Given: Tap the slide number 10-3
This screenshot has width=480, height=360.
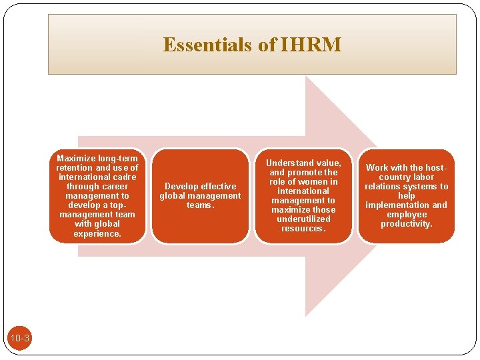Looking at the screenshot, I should [19, 339].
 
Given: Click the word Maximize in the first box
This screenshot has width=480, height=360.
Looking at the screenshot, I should [77, 159].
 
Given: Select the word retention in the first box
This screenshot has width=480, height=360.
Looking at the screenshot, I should [76, 168].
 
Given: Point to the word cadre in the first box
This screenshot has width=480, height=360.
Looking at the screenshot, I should [124, 177].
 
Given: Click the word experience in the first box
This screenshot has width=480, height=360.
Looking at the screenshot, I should [97, 233].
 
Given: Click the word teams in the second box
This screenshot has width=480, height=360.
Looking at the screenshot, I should [199, 205].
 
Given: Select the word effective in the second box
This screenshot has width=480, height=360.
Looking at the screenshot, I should [218, 187].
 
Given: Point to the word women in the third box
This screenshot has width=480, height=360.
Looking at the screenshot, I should [308, 182].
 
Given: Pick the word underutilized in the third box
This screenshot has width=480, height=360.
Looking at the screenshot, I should [303, 219].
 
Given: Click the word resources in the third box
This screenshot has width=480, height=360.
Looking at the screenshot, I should [303, 229].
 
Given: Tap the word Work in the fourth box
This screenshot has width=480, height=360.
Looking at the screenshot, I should [377, 168].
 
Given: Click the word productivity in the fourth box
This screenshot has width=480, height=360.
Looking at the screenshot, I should [406, 224].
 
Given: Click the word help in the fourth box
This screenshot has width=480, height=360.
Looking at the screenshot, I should [406, 196].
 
